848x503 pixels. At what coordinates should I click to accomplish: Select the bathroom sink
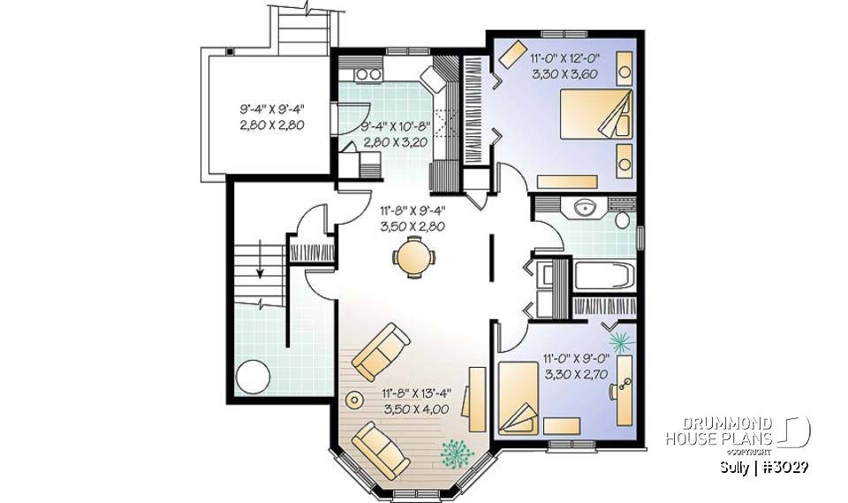click(x=584, y=210)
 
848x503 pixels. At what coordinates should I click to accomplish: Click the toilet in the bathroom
click(x=621, y=217)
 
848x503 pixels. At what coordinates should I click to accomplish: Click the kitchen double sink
click(x=369, y=73)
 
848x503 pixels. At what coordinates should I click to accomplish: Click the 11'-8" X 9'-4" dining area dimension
click(x=412, y=218)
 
